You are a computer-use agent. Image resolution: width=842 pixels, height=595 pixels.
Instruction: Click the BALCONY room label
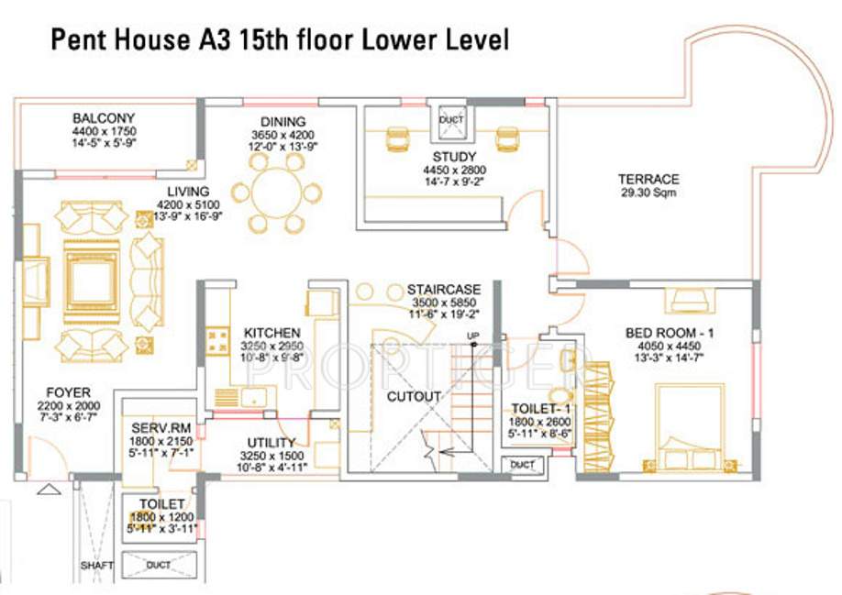tap(104, 118)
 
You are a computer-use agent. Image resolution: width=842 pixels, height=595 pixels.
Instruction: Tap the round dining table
tap(276, 193)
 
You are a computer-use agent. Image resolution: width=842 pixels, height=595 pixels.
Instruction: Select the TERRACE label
tap(648, 179)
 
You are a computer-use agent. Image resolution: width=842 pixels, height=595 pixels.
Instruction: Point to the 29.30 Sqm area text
tap(648, 193)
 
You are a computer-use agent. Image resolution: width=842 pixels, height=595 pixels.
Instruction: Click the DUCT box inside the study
tap(451, 119)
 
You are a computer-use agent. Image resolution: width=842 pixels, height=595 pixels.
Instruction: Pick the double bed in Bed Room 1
tap(690, 427)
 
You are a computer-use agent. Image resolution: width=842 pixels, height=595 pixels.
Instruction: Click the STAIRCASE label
tap(443, 290)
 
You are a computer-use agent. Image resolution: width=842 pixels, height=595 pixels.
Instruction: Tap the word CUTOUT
tap(413, 397)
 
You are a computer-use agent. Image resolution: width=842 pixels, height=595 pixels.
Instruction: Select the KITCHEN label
tap(272, 332)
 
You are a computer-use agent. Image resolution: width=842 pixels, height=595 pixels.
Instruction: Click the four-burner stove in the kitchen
tap(219, 343)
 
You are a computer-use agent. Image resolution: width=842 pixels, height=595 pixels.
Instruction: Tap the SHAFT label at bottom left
tap(95, 566)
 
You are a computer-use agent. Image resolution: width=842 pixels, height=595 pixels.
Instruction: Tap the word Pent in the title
tap(71, 40)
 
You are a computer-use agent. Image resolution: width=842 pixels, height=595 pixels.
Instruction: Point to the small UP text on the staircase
tap(473, 334)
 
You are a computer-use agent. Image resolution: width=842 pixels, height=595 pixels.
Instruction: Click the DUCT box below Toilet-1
tap(522, 465)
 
